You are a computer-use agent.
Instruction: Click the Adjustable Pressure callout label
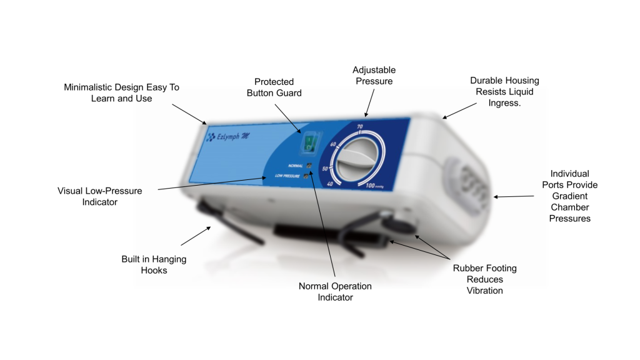point(374,76)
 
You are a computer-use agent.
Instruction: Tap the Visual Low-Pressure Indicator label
point(100,196)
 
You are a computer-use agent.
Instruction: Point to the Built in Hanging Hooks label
point(154,264)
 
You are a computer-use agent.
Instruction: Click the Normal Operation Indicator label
point(335,291)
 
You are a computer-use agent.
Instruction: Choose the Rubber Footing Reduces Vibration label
point(484,279)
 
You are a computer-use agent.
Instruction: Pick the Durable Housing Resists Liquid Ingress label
point(504,91)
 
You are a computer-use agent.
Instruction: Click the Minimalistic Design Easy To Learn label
point(121,92)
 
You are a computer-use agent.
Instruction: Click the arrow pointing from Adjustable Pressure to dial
point(370,102)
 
